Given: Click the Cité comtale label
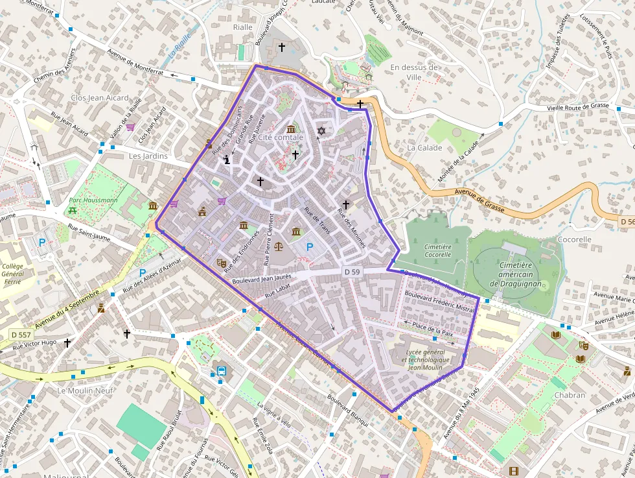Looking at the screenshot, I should [280, 137].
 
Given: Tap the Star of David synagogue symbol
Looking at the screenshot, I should [320, 132].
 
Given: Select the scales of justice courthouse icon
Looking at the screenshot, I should [279, 246].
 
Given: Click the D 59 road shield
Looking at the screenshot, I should [352, 272].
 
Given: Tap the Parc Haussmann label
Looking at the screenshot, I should [93, 200].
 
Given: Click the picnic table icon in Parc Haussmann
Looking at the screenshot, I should [73, 210].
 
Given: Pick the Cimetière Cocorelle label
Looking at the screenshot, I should [437, 250].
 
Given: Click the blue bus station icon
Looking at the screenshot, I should [222, 372].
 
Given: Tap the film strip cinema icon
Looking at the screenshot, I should [514, 472].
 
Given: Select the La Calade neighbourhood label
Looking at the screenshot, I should [424, 148].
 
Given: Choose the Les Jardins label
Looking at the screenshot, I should [148, 156].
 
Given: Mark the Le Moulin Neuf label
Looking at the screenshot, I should [85, 390].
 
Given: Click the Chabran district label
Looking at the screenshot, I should [570, 395].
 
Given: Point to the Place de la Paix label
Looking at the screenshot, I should [433, 328].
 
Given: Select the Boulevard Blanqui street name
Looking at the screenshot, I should [347, 411].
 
